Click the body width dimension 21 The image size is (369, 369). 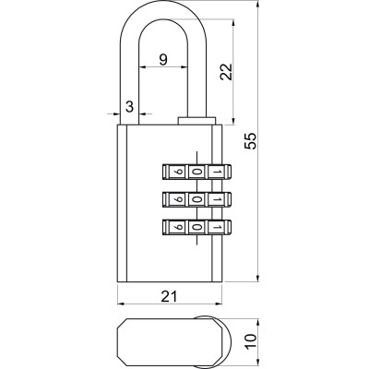168,295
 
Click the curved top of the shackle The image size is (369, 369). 162,11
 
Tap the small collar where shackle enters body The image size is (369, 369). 195,120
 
